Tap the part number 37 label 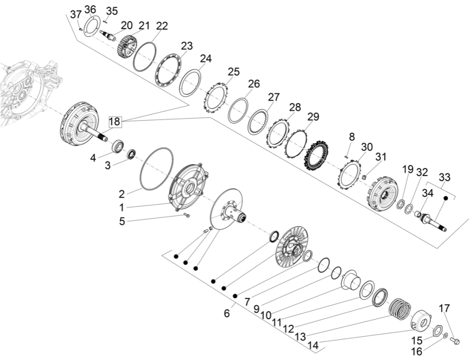(x=76, y=15)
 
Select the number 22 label (x=162, y=25)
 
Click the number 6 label (x=227, y=313)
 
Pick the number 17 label (x=444, y=309)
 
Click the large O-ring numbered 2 (x=157, y=168)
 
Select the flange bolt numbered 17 (x=455, y=340)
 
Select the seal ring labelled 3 (x=131, y=153)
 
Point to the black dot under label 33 (x=445, y=199)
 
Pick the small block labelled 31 (x=365, y=176)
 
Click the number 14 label (x=313, y=345)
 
